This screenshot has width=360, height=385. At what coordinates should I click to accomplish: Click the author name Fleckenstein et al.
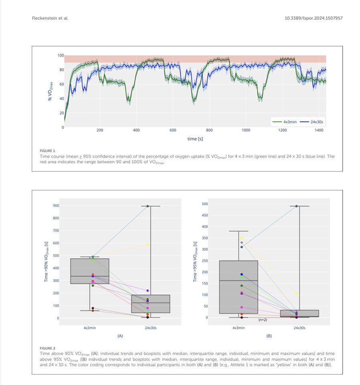(50, 18)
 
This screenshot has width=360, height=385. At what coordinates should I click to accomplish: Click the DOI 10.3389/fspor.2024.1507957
(313, 18)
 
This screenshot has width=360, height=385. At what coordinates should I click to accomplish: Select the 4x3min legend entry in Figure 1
(284, 122)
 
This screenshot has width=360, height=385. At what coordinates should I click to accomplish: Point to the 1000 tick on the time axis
(246, 130)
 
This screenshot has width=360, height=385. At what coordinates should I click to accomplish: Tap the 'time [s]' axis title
(195, 139)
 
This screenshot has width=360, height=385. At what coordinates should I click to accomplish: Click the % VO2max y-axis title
(50, 91)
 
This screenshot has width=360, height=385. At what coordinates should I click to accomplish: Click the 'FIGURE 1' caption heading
(47, 151)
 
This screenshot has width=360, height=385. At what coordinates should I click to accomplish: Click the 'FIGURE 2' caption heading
(47, 348)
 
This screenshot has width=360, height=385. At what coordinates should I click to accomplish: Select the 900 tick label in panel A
(56, 205)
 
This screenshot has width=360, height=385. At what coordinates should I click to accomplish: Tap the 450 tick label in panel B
(205, 215)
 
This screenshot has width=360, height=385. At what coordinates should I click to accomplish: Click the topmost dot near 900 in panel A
(148, 206)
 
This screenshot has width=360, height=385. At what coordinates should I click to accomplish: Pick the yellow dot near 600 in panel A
(148, 244)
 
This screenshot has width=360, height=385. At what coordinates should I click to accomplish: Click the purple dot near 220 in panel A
(148, 290)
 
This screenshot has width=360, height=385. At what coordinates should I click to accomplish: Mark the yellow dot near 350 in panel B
(242, 238)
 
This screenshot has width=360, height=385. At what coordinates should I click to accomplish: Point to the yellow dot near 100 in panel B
(296, 294)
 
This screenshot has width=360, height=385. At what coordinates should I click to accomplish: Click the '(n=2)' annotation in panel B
(263, 320)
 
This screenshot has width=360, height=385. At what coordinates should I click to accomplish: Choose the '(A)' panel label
(120, 336)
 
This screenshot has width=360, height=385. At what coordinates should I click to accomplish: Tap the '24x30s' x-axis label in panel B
(299, 328)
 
